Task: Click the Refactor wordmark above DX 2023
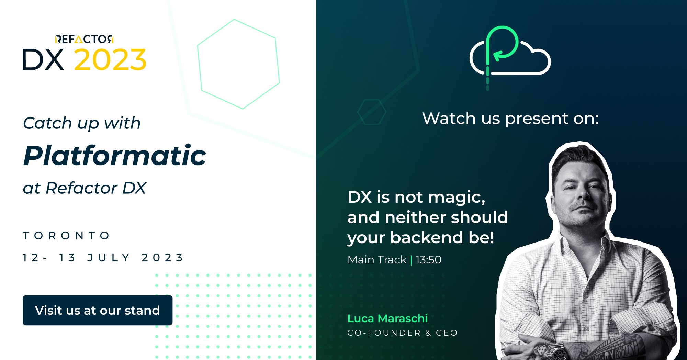[84, 39]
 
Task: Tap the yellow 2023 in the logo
[110, 59]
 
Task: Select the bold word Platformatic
[115, 156]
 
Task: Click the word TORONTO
[66, 236]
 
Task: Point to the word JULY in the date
[108, 258]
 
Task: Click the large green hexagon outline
[238, 64]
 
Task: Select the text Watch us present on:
[510, 119]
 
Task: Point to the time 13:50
[428, 260]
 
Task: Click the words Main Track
[377, 260]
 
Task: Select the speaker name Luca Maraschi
[387, 318]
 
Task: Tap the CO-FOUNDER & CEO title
[403, 333]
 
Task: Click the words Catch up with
[82, 123]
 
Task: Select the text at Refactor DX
[85, 188]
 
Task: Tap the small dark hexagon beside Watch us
[372, 112]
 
